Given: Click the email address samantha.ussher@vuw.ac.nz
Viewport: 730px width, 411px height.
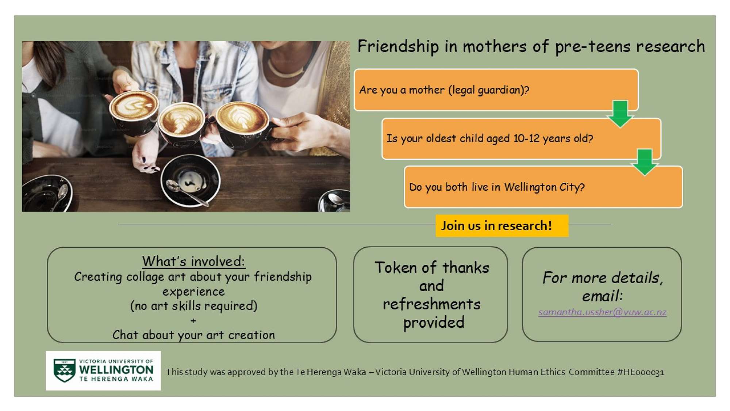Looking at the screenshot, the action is (x=602, y=312).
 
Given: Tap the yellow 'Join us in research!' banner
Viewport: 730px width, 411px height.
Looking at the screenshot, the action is (x=502, y=226).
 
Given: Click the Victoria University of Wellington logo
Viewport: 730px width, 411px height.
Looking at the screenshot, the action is (x=103, y=370).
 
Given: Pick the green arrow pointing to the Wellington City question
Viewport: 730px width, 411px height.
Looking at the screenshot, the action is (x=645, y=162).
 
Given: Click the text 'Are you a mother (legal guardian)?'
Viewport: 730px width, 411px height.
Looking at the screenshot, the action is (x=444, y=90).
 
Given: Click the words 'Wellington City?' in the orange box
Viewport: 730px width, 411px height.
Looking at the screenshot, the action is (x=544, y=187).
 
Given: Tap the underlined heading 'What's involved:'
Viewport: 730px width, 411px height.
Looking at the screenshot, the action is (x=193, y=261).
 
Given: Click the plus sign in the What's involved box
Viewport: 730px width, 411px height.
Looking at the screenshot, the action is (x=193, y=321).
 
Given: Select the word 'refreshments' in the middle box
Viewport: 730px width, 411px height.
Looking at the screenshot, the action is (x=431, y=304).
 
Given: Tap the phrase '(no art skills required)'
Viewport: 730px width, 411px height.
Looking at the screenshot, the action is (x=193, y=306).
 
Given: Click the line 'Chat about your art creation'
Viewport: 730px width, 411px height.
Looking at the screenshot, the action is (x=193, y=335).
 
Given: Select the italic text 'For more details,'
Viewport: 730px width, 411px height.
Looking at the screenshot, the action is (x=603, y=278).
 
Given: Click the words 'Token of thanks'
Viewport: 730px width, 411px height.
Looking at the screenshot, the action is (x=432, y=268).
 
